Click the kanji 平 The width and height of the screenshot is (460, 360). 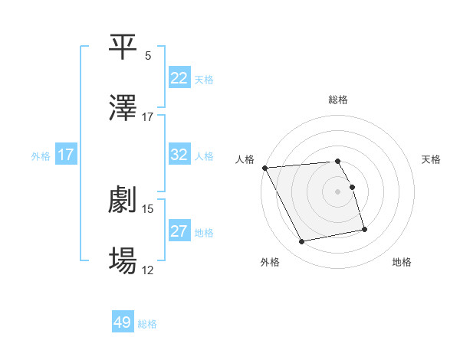click(123, 47)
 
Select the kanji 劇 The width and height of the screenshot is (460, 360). click(123, 201)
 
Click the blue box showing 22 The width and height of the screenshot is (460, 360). click(179, 78)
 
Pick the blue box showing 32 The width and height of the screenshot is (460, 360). click(179, 155)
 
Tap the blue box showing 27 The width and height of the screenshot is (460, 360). click(179, 232)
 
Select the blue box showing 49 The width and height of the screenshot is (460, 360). click(123, 322)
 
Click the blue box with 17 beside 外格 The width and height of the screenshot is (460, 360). click(66, 155)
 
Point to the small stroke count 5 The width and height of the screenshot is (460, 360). click(148, 56)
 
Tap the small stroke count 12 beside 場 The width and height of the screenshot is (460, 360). click(148, 270)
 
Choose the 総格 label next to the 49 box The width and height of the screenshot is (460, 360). click(147, 324)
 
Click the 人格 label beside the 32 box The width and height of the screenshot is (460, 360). click(204, 156)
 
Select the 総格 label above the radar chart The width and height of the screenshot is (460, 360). click(338, 100)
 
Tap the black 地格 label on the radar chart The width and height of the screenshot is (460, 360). click(402, 262)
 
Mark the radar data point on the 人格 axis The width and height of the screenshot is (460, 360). click(264, 168)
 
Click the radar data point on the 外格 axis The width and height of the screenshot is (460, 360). click(302, 242)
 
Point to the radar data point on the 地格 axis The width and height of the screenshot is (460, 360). click(364, 229)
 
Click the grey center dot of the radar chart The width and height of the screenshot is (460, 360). click(338, 191)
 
